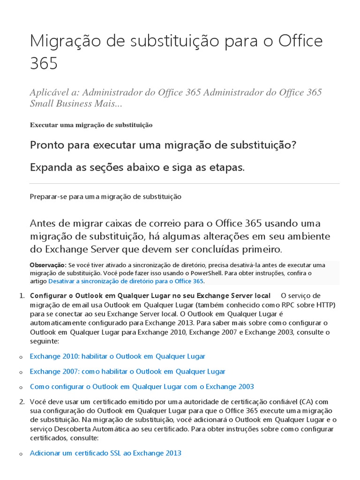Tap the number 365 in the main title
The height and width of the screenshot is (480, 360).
tap(44, 63)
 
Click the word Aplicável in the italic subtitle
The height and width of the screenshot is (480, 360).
tap(49, 92)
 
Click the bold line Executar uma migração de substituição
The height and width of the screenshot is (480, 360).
tap(91, 125)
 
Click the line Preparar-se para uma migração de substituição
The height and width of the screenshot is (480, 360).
tap(105, 197)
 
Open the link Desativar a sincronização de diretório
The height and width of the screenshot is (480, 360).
tap(126, 281)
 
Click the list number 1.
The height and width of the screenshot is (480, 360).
tap(21, 296)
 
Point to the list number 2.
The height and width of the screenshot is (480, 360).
tap(21, 402)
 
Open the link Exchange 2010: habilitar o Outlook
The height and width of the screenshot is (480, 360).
tap(117, 356)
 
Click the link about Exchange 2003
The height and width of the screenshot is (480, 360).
tap(142, 387)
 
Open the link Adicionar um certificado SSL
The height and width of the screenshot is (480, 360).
tap(105, 453)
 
